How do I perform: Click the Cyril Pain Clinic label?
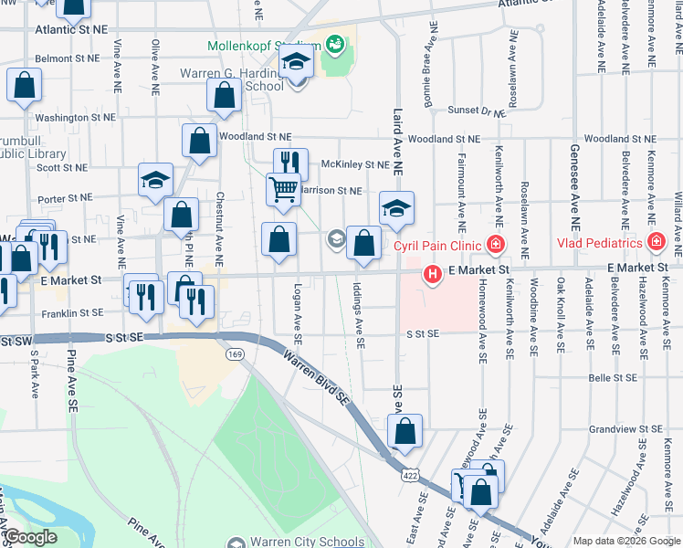438,245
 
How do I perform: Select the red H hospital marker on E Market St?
432,273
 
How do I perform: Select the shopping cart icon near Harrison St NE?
283,189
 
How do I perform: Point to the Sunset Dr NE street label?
477,111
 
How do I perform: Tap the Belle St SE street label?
612,376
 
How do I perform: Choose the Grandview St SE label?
625,428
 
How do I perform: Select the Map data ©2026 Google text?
626,541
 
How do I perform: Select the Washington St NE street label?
75,118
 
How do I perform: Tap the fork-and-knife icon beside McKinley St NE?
290,163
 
